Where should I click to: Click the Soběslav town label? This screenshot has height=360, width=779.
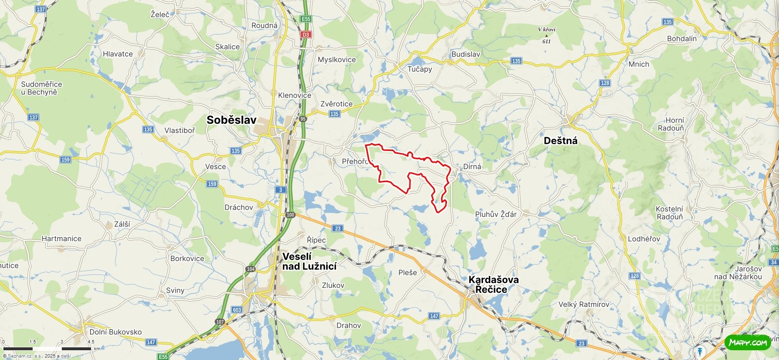click(231, 120)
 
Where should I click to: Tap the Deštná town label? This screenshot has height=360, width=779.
click(560, 141)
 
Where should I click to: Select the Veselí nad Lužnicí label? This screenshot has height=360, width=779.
click(309, 261)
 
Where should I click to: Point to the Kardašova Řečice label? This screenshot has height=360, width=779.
click(493, 284)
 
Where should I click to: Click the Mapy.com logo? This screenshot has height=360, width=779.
click(747, 342)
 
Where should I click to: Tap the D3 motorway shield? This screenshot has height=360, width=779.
click(305, 35)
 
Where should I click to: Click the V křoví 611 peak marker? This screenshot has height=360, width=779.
click(546, 35)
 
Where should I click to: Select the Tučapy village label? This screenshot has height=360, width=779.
click(420, 69)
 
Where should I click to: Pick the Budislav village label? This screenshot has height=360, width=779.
click(465, 54)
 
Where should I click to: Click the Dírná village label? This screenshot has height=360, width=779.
click(472, 167)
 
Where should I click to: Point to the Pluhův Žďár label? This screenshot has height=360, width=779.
click(496, 214)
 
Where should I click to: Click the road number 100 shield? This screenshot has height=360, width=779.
click(291, 215)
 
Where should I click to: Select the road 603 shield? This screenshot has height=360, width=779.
click(237, 310)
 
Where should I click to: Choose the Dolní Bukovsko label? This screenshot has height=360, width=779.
click(115, 332)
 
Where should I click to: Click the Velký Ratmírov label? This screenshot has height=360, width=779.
click(583, 304)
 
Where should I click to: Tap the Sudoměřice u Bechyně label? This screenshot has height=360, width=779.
click(41, 88)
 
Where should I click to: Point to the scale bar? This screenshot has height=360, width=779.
click(47, 348)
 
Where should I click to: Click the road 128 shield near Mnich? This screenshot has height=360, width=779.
click(605, 83)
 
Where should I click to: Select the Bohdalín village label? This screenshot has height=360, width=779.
click(682, 38)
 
